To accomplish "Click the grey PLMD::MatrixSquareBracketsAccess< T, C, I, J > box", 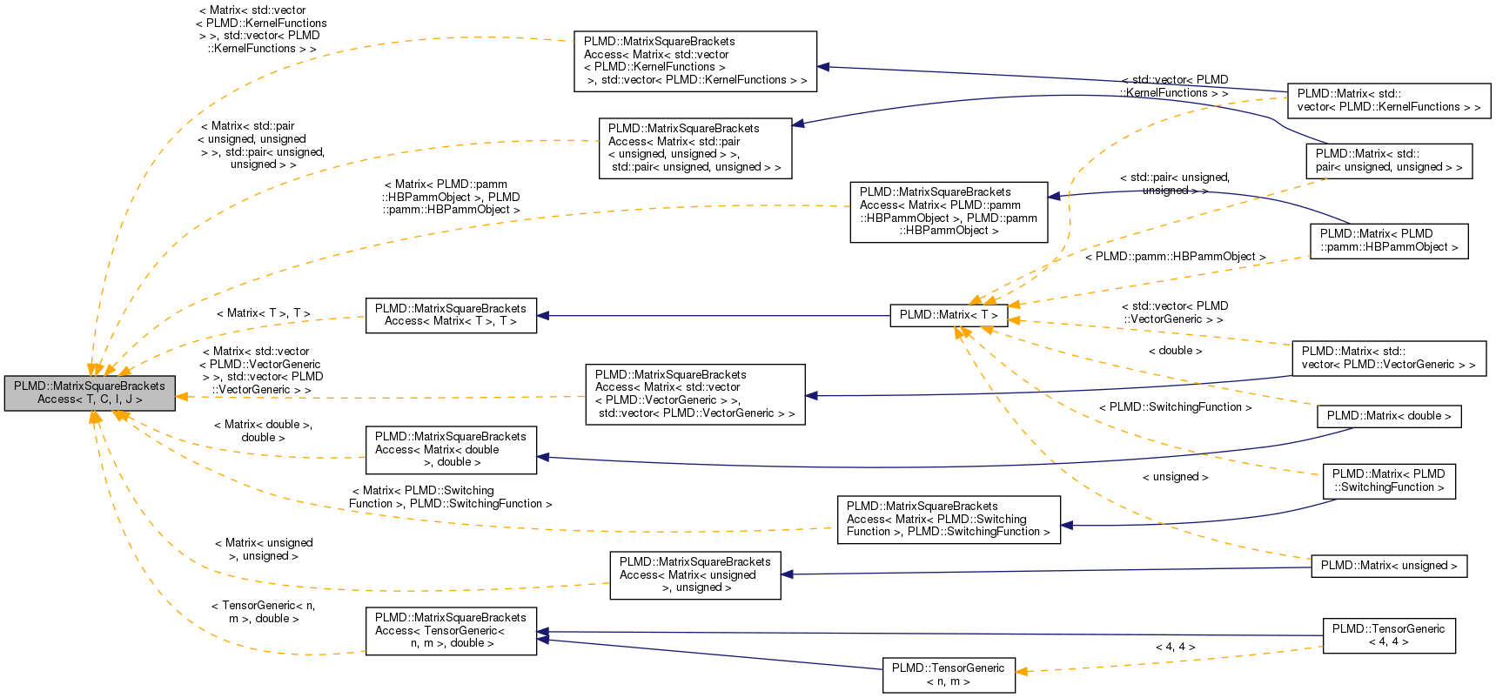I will [90, 393].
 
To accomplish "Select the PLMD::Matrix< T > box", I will [949, 315].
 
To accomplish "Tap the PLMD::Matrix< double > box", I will [1389, 416].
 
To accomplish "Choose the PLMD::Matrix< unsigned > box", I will [1389, 566].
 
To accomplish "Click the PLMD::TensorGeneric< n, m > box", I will [949, 675].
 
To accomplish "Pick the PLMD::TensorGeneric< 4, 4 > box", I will [1389, 635].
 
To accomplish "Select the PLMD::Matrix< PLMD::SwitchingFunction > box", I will [1389, 480].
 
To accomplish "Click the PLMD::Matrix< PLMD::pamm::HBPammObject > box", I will [1389, 240].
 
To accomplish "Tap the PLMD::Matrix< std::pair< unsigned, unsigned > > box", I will [1389, 161].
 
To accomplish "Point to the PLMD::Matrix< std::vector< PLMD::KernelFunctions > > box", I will [1389, 100].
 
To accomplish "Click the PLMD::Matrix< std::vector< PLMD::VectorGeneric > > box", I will [1389, 358].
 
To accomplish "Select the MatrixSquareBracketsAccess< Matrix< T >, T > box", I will [451, 315].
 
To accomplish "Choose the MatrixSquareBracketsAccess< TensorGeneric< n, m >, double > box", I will [451, 630].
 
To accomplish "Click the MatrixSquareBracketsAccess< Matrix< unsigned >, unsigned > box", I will [694, 574].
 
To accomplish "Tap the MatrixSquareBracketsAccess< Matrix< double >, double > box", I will [451, 449].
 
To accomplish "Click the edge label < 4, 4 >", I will [1175, 647].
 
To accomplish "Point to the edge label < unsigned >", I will [1175, 477].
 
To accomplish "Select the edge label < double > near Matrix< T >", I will [1175, 351].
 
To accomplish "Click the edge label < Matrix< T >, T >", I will [263, 313].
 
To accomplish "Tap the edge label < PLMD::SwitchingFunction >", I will [1175, 407].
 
